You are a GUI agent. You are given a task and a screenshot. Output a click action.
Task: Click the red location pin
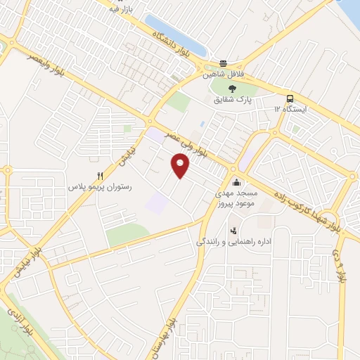coord(181,166)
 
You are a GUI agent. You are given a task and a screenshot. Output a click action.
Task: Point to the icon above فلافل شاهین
coord(223,62)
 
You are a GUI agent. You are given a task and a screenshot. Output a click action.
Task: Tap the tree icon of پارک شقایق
coord(233,87)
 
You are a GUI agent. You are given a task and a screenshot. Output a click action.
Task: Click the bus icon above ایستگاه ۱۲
coord(290,98)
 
